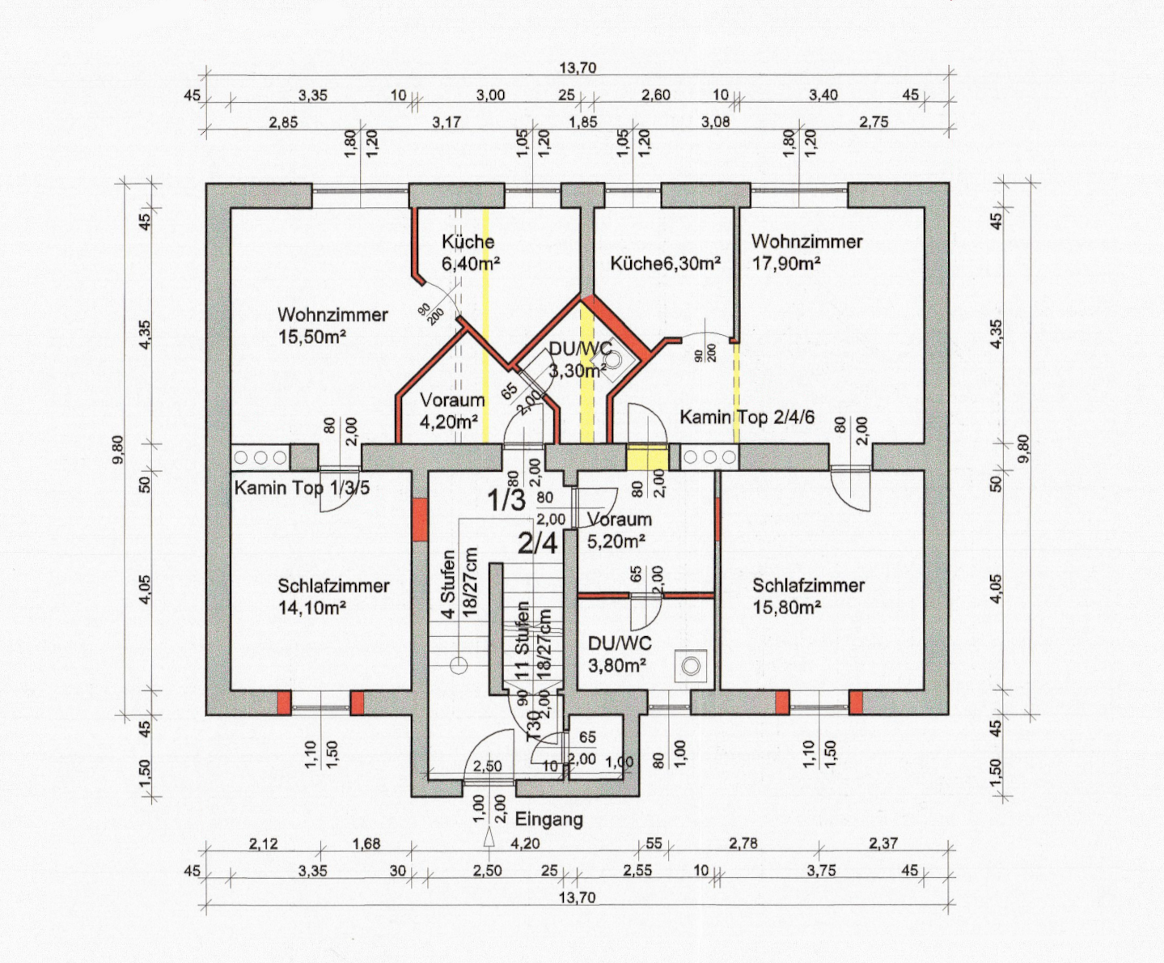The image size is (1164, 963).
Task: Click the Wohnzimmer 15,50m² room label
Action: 332,325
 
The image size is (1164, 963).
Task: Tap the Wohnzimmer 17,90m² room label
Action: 806,252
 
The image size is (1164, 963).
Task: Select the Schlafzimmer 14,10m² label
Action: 333,596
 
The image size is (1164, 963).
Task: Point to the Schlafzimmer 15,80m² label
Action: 808,596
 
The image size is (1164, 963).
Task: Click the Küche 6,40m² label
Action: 470,252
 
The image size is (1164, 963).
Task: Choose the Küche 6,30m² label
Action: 666,263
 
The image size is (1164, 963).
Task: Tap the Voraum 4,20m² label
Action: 452,410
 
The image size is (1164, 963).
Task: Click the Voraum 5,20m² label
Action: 620,530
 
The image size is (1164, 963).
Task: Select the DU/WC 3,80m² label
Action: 620,654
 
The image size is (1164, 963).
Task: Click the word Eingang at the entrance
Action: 548,820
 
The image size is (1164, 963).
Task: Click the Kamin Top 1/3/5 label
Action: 302,488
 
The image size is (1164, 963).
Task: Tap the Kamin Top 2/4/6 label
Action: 747,417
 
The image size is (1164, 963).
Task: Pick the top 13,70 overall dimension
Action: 578,68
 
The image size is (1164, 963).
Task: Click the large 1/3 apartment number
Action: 506,500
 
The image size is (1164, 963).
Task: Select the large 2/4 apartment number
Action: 537,543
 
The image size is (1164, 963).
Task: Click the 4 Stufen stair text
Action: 448,583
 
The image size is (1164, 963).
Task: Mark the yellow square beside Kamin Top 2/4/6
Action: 647,456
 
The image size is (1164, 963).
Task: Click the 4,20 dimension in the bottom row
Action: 525,843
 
